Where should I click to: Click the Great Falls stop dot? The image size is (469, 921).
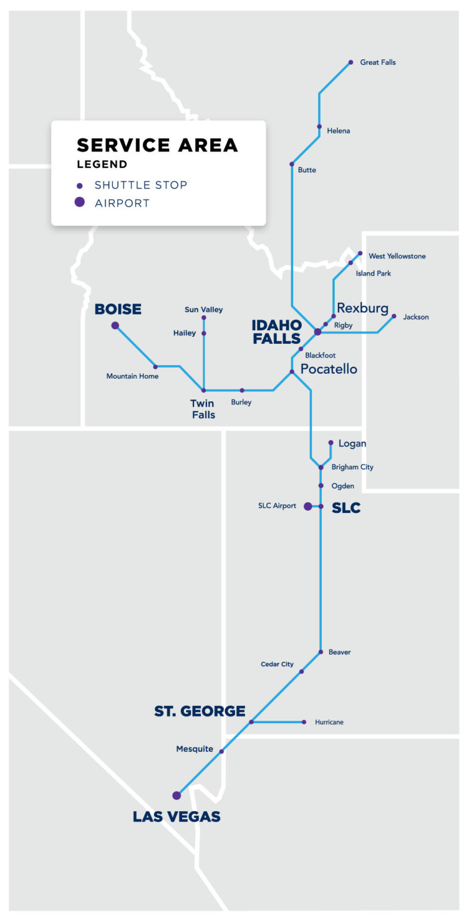tap(351, 62)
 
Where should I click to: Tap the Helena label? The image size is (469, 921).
tap(338, 131)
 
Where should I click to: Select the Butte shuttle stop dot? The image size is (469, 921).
tap(292, 164)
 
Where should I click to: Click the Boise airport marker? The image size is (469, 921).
tap(115, 326)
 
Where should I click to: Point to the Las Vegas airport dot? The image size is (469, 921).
tap(176, 795)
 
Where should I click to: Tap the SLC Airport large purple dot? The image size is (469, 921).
tap(308, 506)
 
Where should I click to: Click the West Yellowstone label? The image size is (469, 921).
tap(397, 256)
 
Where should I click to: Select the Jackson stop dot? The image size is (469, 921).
tap(394, 316)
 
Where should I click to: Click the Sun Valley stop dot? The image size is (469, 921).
tap(204, 318)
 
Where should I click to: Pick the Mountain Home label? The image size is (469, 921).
tap(133, 376)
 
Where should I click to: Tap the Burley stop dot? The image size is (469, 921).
tap(242, 390)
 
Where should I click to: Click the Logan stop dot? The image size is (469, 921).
tap(330, 443)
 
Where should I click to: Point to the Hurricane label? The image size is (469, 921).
tap(329, 722)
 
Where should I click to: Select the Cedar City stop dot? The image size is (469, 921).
tap(301, 671)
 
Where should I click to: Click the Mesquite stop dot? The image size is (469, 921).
tap(222, 752)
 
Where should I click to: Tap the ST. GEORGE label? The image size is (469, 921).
tap(200, 711)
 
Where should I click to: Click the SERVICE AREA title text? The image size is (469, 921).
tap(157, 145)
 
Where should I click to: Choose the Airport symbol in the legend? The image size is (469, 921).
tap(79, 203)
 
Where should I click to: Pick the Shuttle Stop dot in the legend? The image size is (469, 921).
tap(79, 186)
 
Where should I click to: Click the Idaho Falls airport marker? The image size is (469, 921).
tap(318, 332)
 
